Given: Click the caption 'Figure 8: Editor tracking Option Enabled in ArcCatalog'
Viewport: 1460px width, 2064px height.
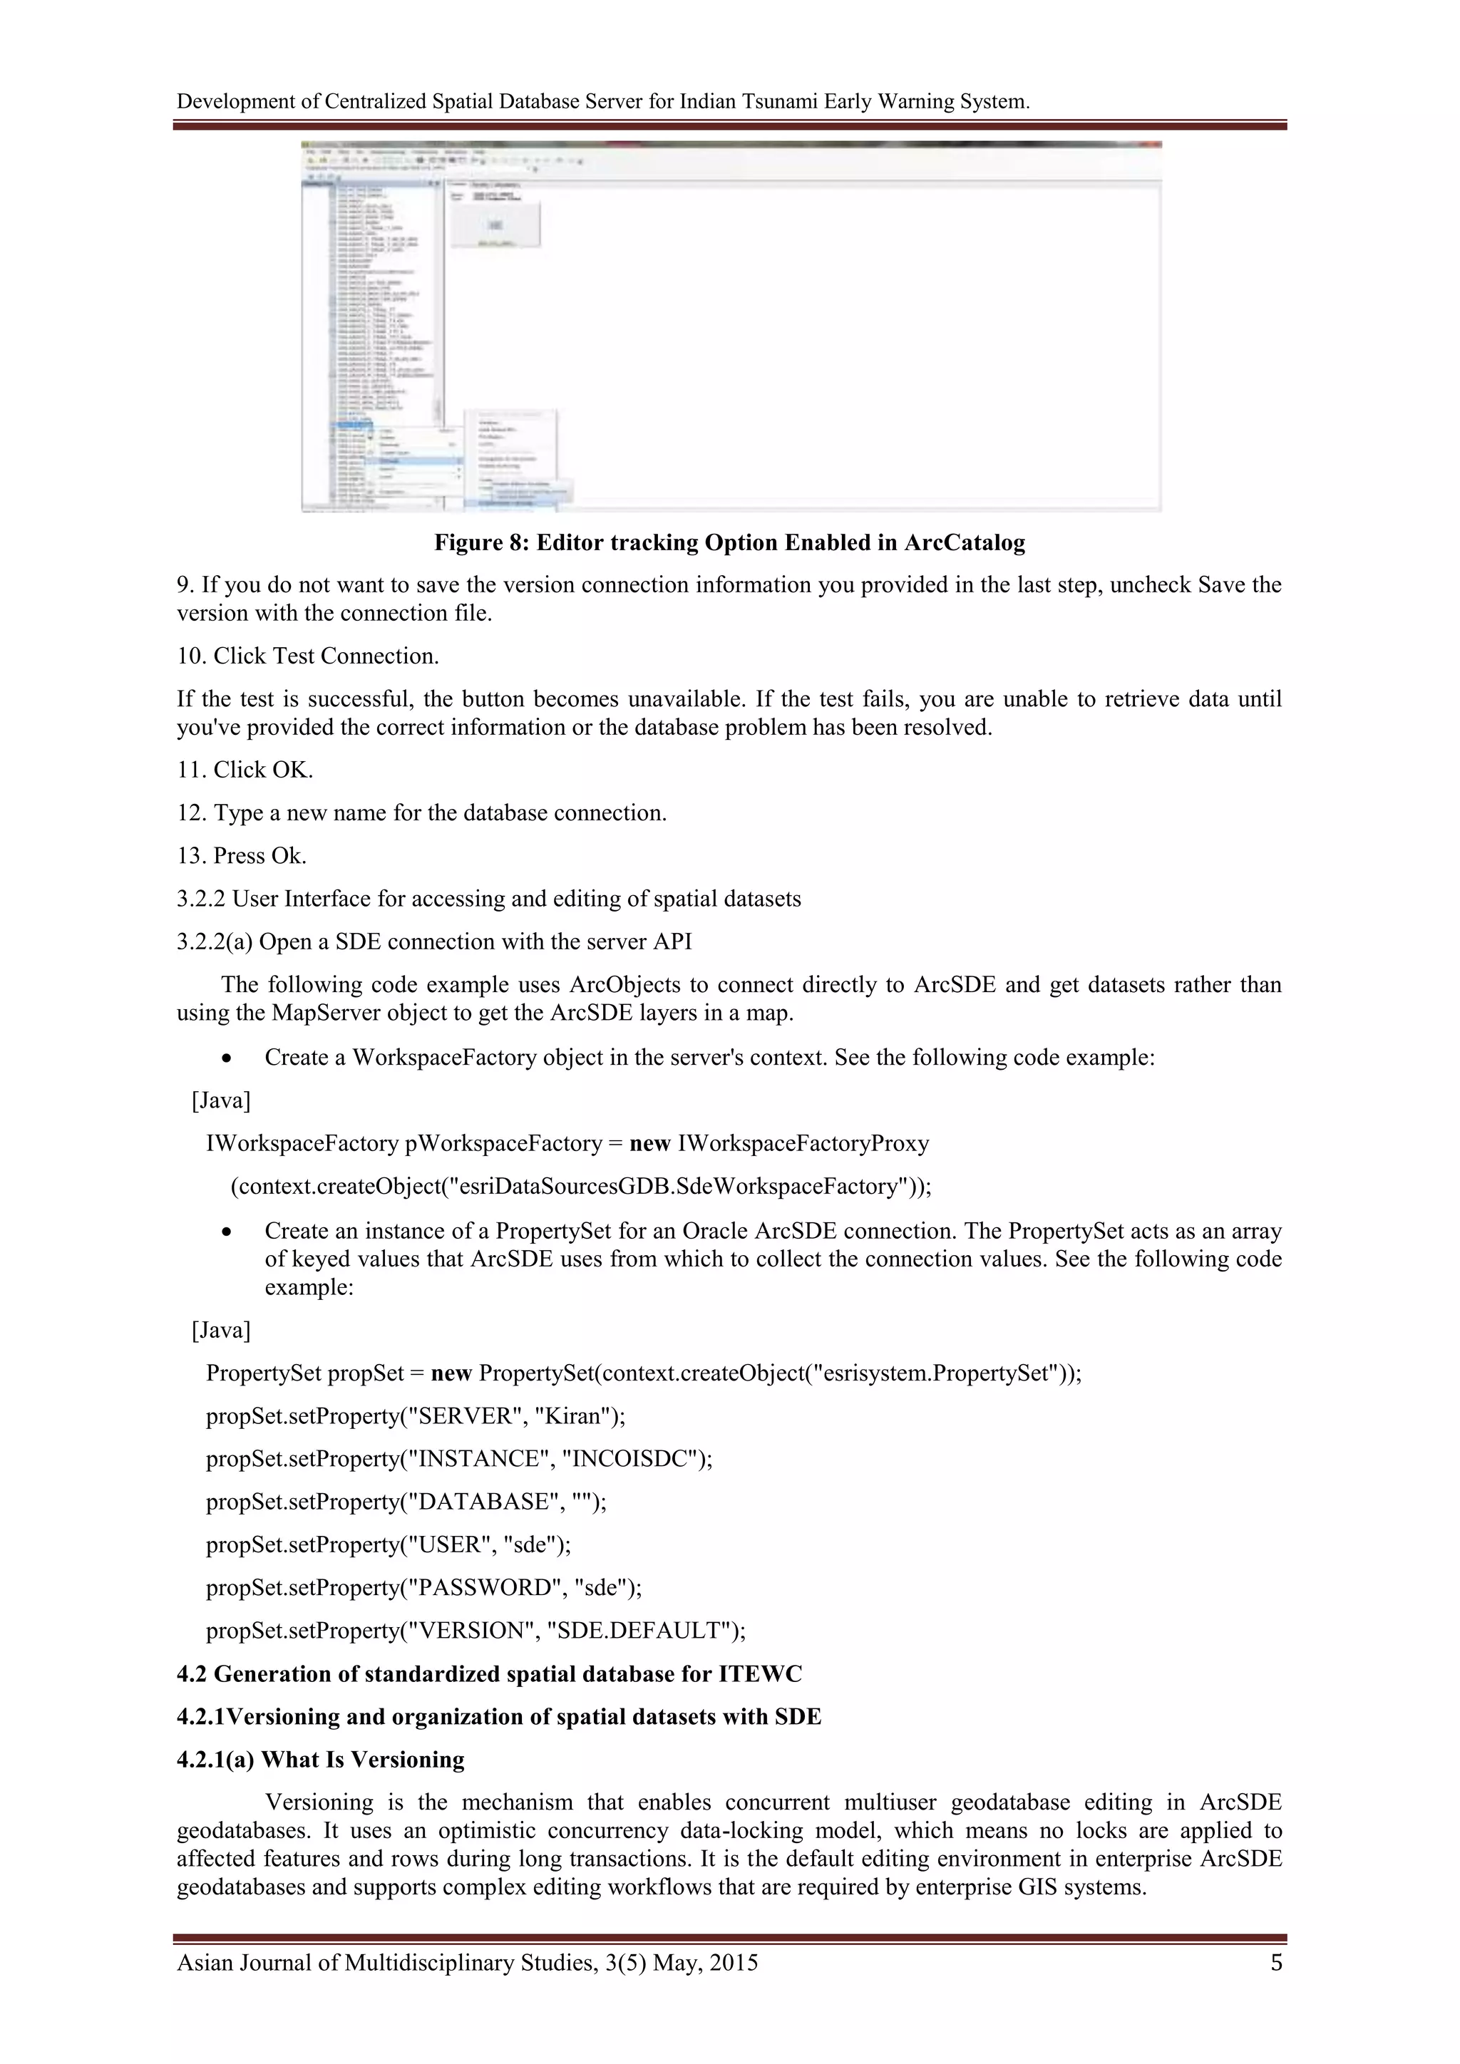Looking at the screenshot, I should [729, 543].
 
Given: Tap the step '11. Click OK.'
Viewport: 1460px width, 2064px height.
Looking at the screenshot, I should [245, 770].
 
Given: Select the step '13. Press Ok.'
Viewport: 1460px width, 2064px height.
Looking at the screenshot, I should [241, 856].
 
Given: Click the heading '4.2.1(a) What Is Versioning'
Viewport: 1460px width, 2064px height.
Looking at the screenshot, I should [320, 1760].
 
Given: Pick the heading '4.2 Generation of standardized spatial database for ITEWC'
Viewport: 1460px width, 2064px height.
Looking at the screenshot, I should [489, 1674].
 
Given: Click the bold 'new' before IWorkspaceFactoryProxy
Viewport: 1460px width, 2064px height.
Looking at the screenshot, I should [650, 1143].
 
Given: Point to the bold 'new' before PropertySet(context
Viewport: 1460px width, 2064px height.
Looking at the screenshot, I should [451, 1373].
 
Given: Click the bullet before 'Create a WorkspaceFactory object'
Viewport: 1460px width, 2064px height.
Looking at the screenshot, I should [228, 1059].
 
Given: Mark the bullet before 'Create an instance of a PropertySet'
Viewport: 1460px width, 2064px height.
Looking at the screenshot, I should [228, 1232].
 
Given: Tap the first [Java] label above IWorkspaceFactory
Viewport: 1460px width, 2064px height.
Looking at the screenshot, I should [221, 1100].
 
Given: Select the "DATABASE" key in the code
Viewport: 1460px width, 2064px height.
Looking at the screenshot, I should [482, 1502].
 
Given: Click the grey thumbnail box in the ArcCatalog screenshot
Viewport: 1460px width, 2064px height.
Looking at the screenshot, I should [495, 225].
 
